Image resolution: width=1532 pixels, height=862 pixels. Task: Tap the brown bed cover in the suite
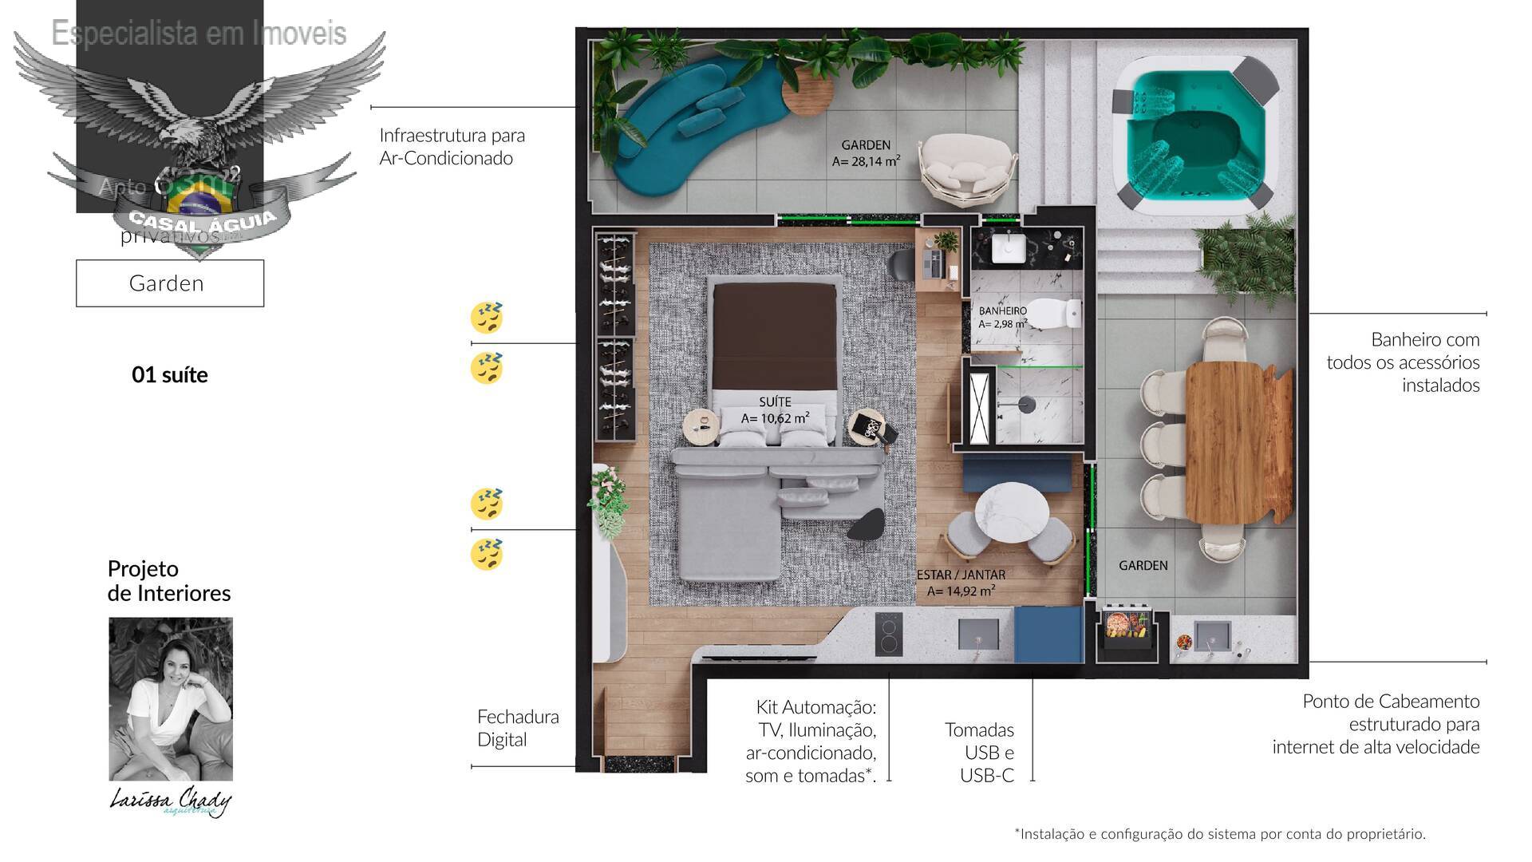click(775, 338)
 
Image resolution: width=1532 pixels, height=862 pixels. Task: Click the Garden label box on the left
click(169, 283)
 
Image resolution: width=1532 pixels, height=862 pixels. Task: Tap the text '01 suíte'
click(169, 374)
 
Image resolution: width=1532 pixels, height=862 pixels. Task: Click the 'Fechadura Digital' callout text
click(517, 728)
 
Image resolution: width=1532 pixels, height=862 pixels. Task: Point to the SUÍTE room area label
click(775, 410)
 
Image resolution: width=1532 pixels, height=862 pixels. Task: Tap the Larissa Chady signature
click(171, 801)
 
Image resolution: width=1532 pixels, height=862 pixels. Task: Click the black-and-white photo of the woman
click(171, 698)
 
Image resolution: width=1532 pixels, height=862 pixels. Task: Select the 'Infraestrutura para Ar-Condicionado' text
click(452, 146)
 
